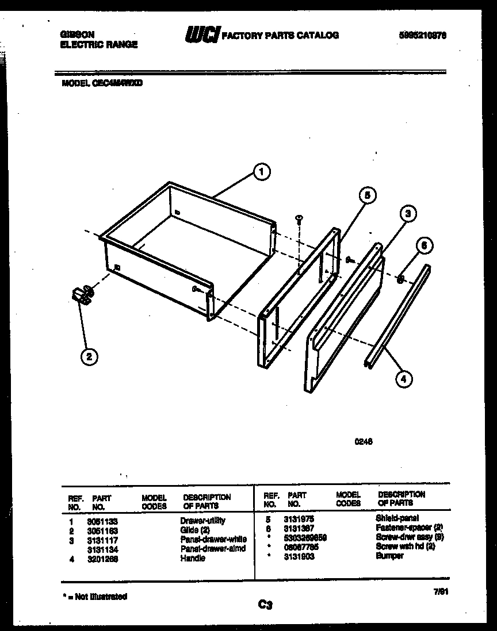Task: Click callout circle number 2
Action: point(87,357)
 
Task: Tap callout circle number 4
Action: point(404,378)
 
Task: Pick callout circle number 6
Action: point(425,245)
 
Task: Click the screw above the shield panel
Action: point(299,218)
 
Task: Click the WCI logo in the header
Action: point(201,35)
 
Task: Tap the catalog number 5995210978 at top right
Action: point(423,35)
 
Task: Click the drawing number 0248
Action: point(363,443)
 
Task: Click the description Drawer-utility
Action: point(202,521)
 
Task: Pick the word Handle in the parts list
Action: point(193,558)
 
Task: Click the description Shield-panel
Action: point(397,518)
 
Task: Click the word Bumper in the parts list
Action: point(389,556)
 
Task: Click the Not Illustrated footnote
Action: point(94,597)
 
